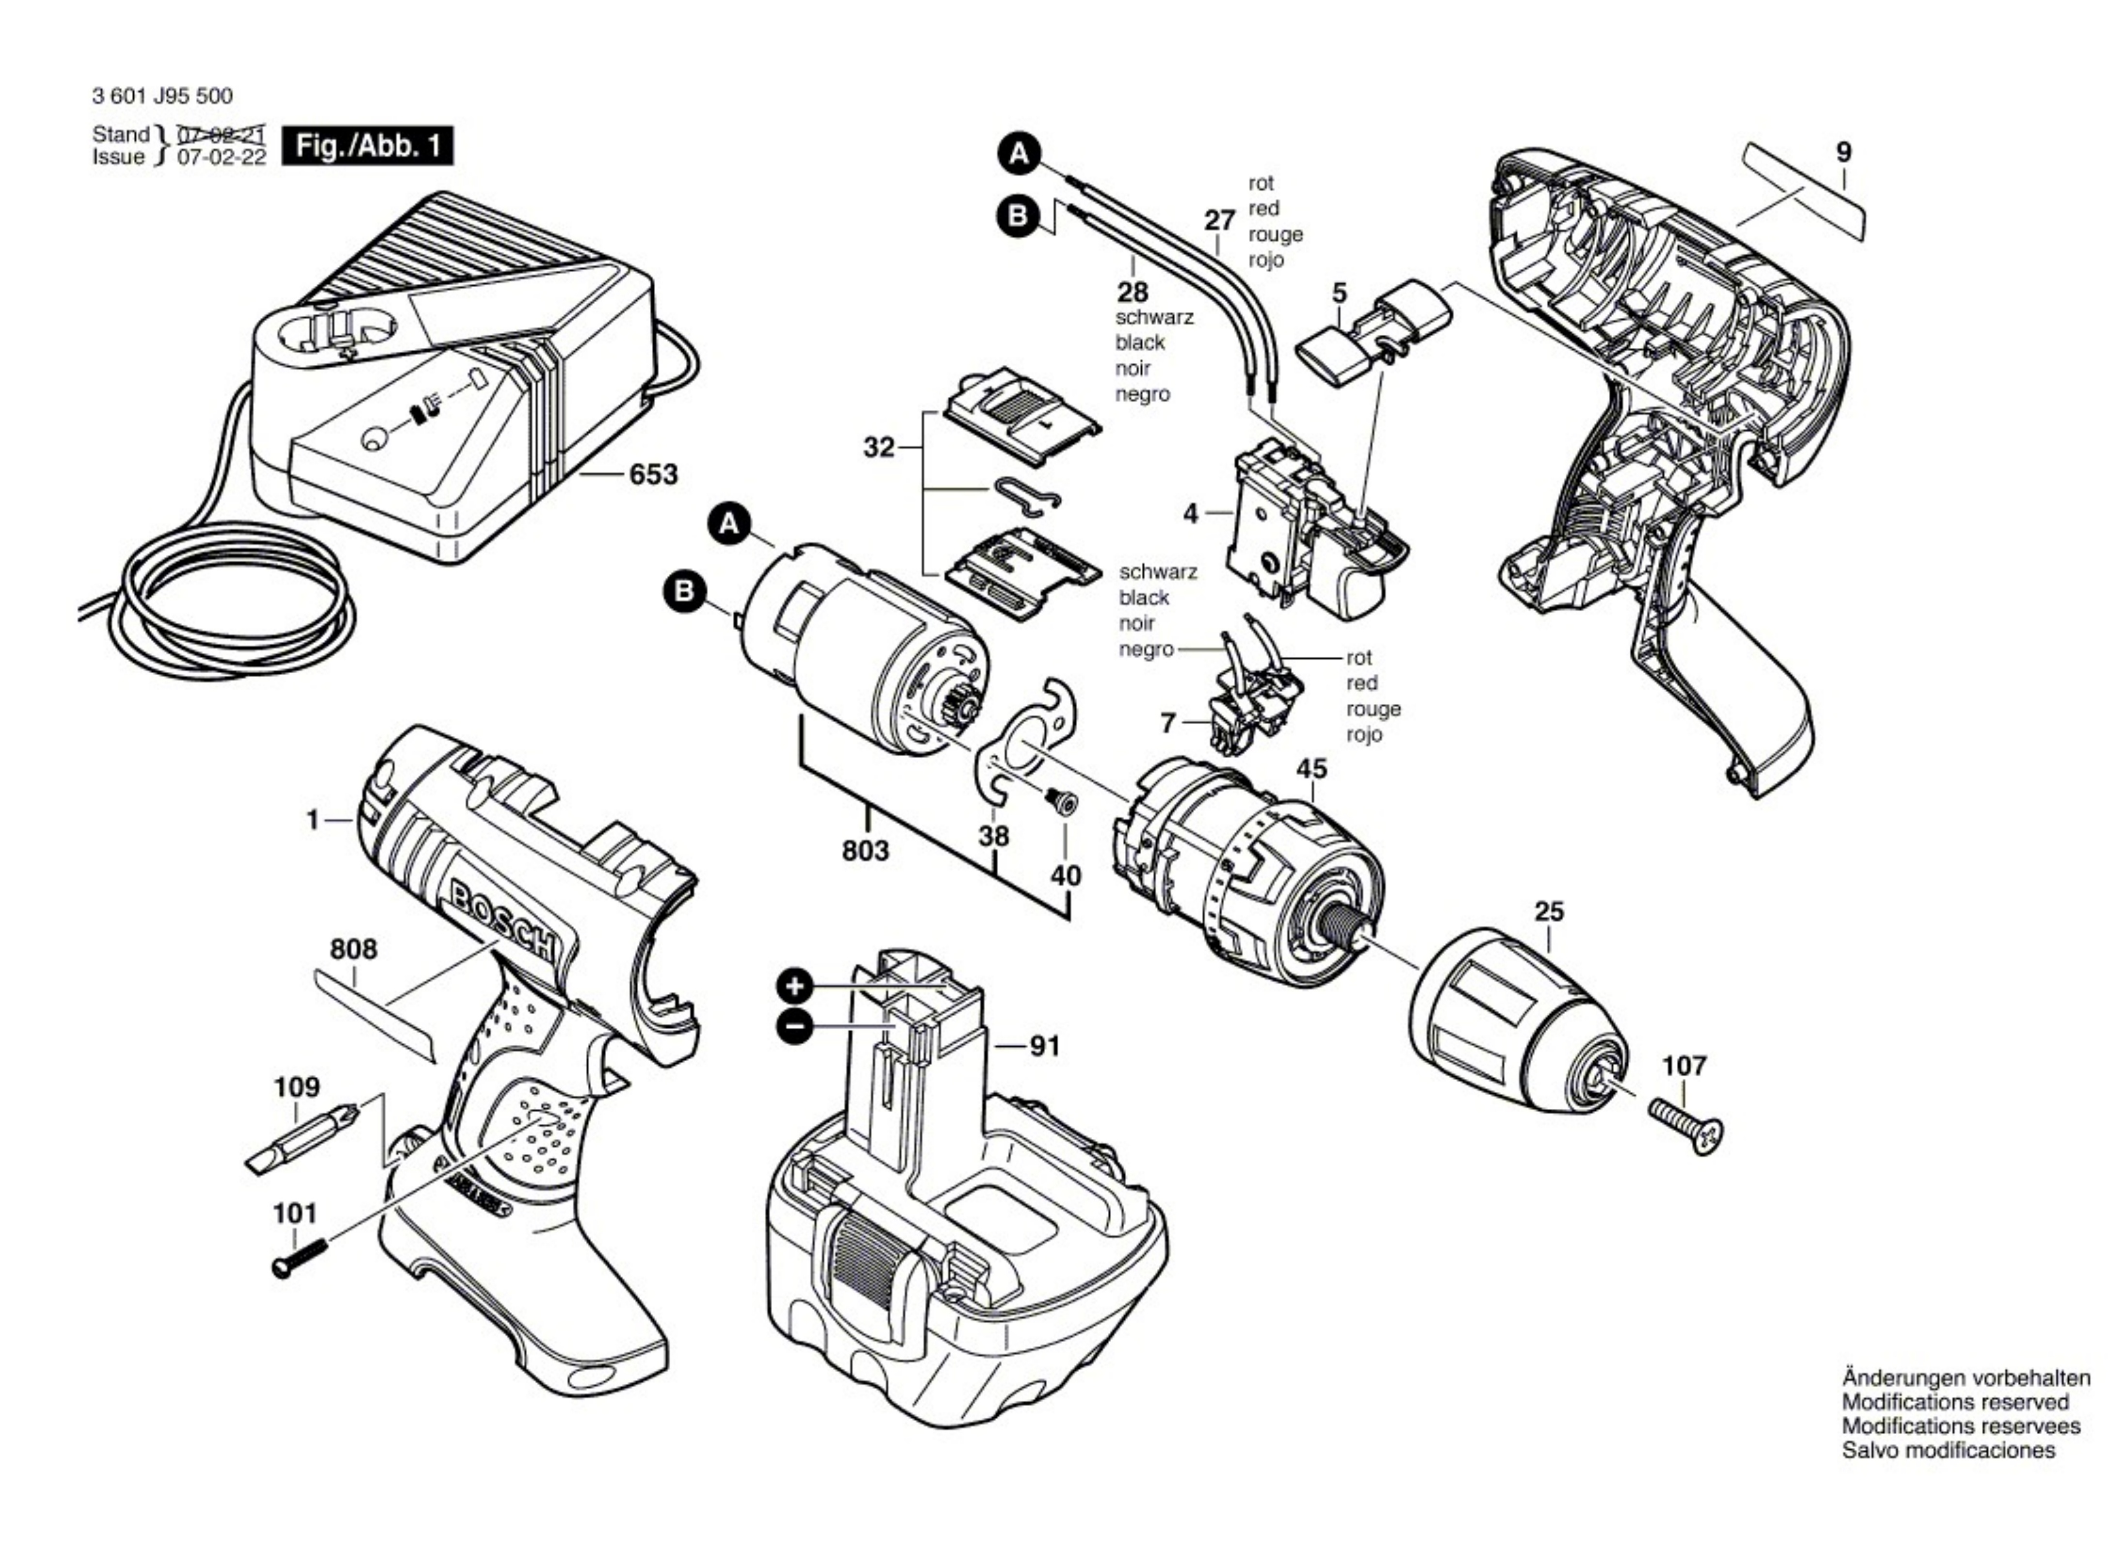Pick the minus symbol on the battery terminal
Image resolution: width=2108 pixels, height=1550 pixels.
coord(795,1028)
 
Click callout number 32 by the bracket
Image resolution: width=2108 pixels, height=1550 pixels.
coord(880,449)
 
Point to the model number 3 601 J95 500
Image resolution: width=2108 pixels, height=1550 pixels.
coord(162,96)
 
